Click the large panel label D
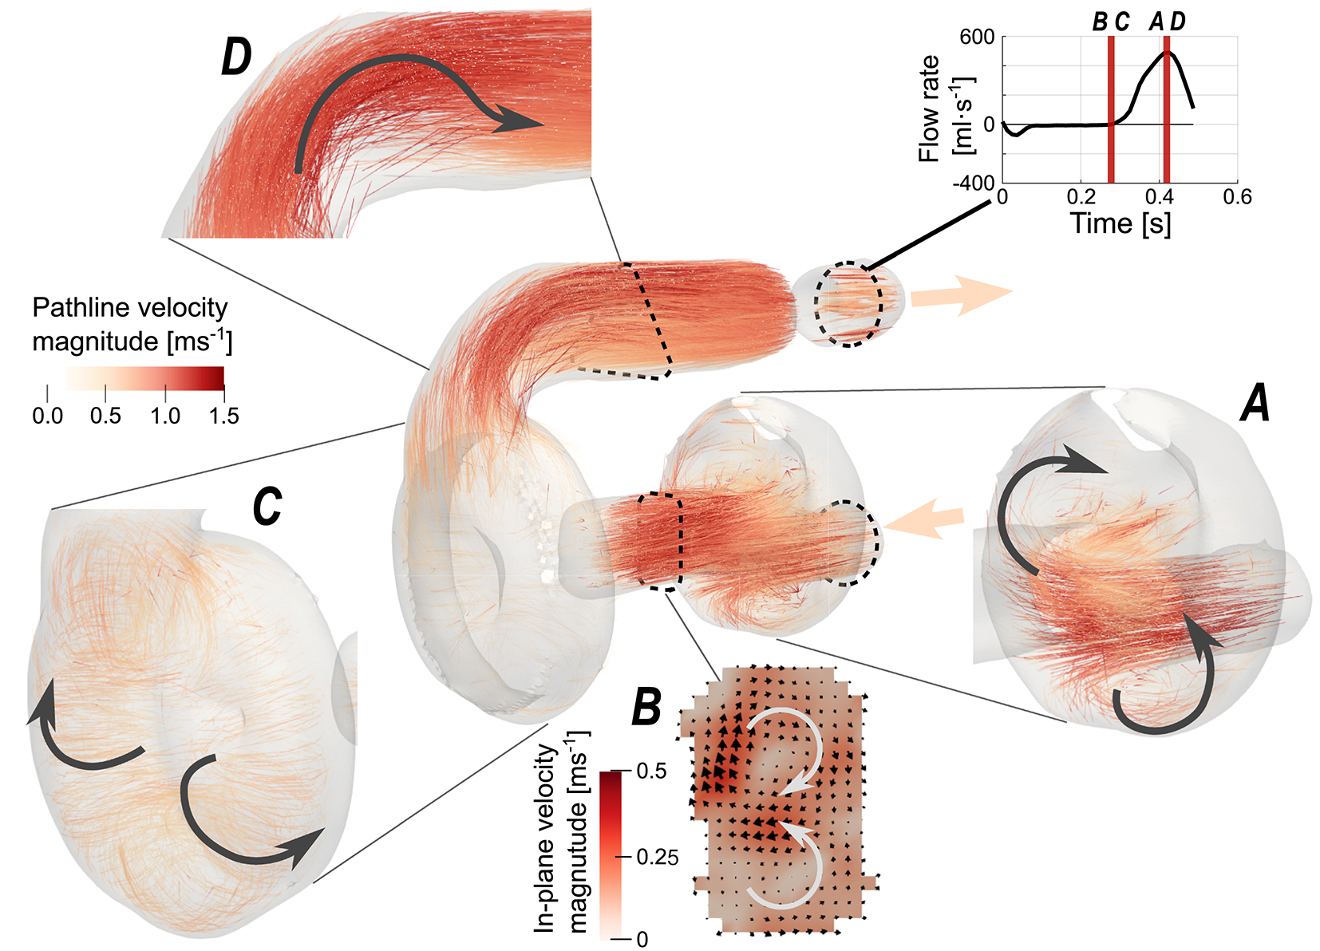tap(236, 58)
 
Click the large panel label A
tap(1256, 403)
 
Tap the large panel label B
tap(646, 707)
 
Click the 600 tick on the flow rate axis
tap(977, 37)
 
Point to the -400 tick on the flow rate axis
tap(974, 183)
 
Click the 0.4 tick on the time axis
tap(1159, 197)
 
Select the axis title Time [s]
tap(1120, 224)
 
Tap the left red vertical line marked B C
tap(1110, 112)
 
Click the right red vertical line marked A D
tap(1166, 112)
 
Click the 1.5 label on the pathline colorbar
tap(223, 416)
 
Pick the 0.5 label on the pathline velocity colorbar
tap(105, 416)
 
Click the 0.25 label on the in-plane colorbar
tap(658, 858)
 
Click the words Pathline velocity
tap(129, 308)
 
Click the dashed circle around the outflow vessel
tap(848, 303)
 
